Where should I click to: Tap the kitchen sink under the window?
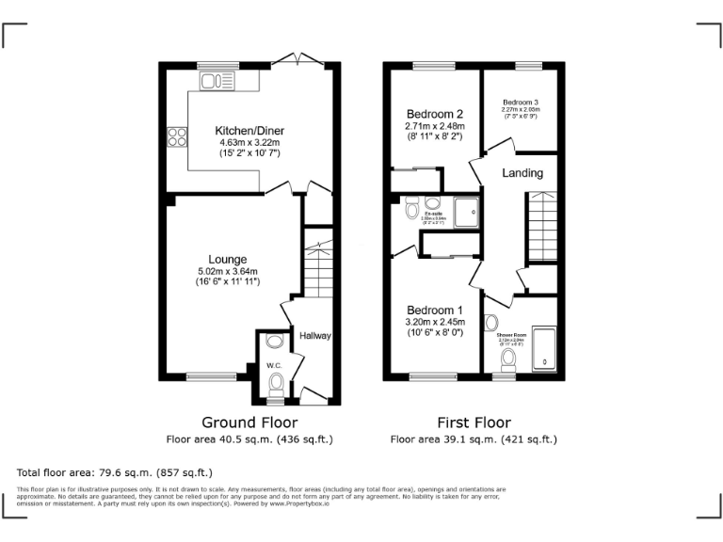[x=216, y=82]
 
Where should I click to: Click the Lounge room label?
[x=228, y=259]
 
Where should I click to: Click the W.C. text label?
[x=274, y=365]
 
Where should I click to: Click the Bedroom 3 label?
[x=521, y=102]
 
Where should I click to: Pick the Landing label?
[x=522, y=173]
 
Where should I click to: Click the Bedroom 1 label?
[x=434, y=310]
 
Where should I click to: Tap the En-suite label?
[x=434, y=214]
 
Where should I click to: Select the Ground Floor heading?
[x=249, y=422]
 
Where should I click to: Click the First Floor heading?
[x=474, y=422]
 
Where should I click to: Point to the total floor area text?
[x=115, y=472]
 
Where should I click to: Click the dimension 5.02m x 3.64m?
[x=228, y=272]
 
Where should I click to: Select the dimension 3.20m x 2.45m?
[x=434, y=322]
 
